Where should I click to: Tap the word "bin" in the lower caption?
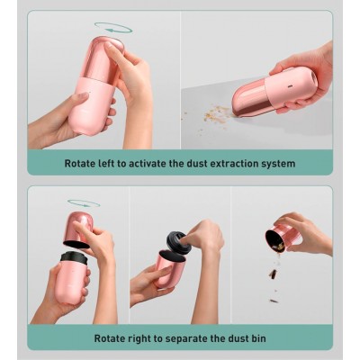258,338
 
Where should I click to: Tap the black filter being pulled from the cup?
179,242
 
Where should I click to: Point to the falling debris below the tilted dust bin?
274,277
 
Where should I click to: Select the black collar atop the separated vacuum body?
74,258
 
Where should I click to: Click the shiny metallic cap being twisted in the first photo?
103,58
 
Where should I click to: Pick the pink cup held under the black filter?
169,268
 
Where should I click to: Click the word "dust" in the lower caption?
237,338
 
